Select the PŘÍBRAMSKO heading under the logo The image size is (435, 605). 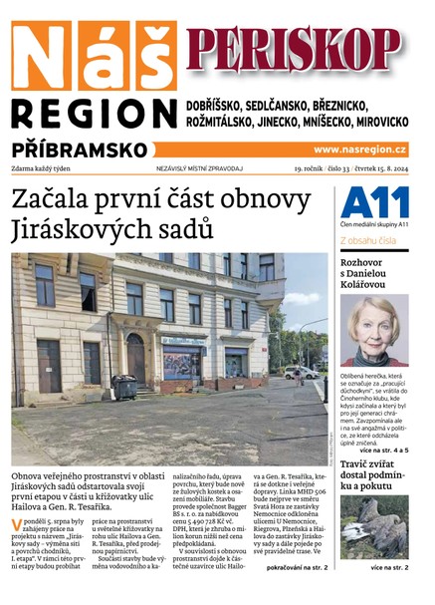(x=80, y=149)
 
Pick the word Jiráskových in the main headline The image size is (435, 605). (x=80, y=231)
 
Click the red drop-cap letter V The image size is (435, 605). (x=17, y=524)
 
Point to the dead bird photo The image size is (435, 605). (x=374, y=533)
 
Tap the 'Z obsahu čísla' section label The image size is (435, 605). (x=369, y=240)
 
